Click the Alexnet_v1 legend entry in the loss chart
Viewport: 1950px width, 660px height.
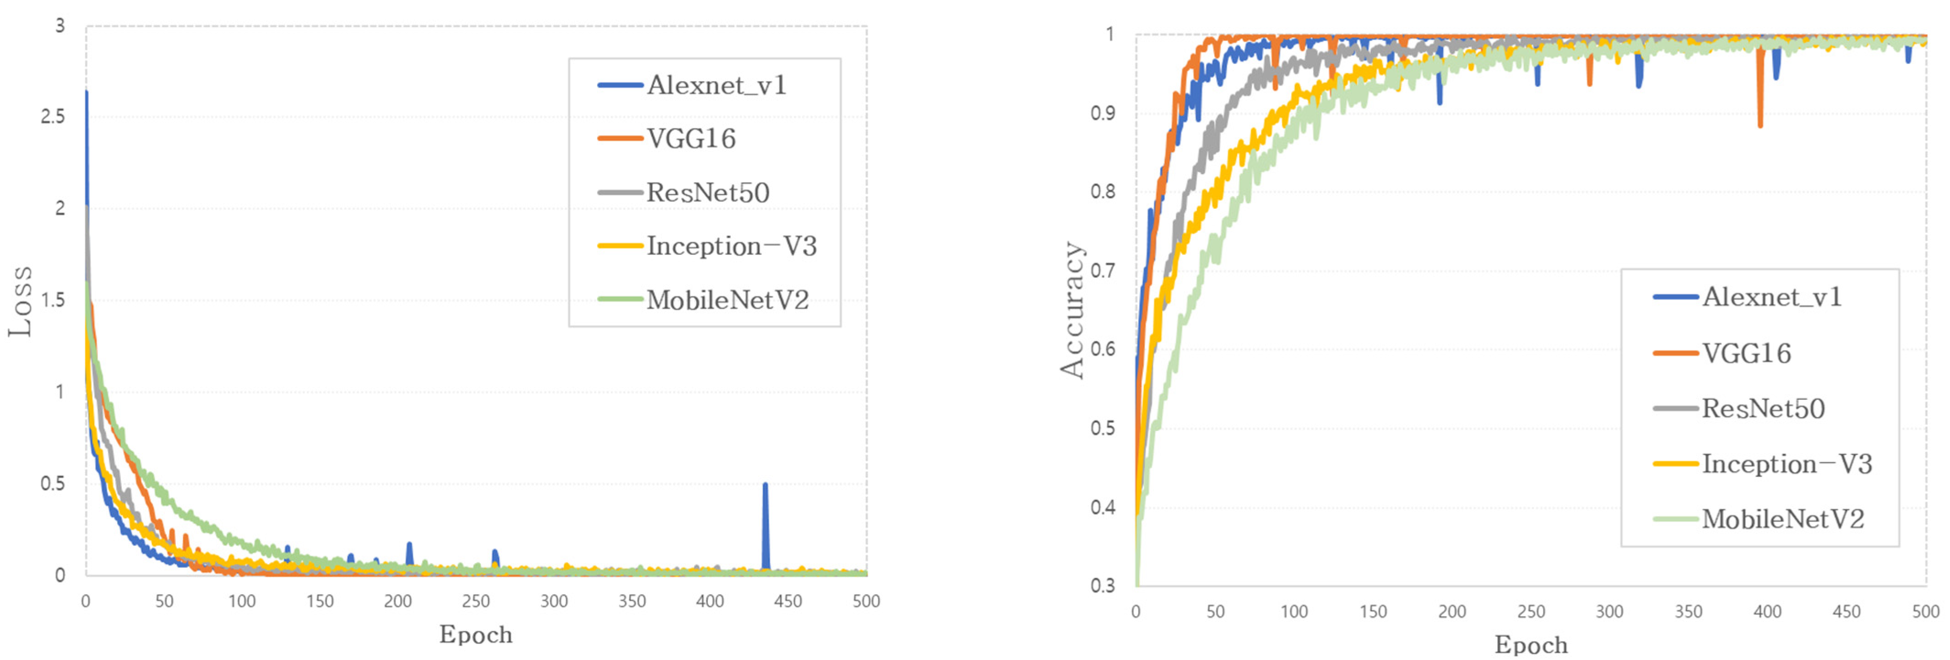pyautogui.click(x=715, y=85)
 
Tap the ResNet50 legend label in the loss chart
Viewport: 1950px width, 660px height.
pyautogui.click(x=707, y=192)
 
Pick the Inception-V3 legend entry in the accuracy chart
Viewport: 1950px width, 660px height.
pyautogui.click(x=1787, y=463)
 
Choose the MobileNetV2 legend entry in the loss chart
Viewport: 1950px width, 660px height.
pyautogui.click(x=727, y=300)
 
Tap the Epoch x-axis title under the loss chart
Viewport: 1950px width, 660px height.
pyautogui.click(x=475, y=634)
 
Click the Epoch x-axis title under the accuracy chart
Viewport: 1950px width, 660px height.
pyautogui.click(x=1531, y=645)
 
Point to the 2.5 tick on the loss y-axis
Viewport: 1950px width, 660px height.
pyautogui.click(x=52, y=116)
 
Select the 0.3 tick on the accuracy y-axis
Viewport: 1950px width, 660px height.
pyautogui.click(x=1102, y=585)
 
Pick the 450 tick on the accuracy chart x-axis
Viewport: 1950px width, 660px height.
pyautogui.click(x=1846, y=611)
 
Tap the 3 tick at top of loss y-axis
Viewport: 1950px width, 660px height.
pyautogui.click(x=60, y=26)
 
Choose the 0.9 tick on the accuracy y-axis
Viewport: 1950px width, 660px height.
pyautogui.click(x=1102, y=113)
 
